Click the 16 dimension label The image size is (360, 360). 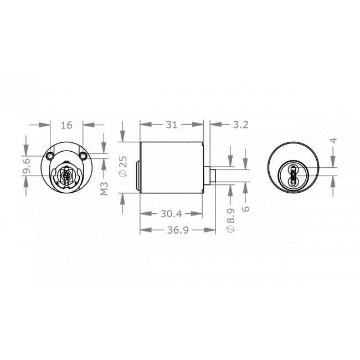pyautogui.click(x=66, y=125)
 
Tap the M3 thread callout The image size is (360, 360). pyautogui.click(x=104, y=188)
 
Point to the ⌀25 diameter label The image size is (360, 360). pyautogui.click(x=124, y=167)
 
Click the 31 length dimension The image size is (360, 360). pyautogui.click(x=172, y=125)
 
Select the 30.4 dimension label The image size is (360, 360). pyautogui.click(x=172, y=213)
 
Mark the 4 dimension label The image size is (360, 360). pyautogui.click(x=333, y=141)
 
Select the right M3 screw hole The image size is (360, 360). pyautogui.click(x=83, y=156)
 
